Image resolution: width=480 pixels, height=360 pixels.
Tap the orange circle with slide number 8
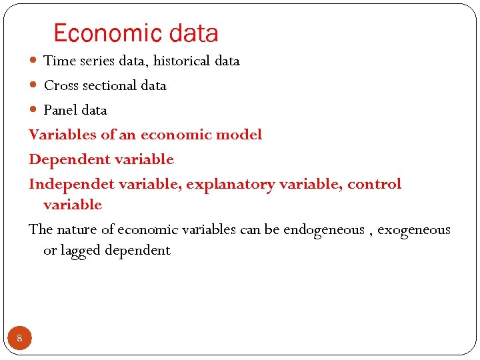pos(19,339)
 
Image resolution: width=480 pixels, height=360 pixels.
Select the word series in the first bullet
pos(98,61)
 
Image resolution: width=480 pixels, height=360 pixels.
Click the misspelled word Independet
pos(69,184)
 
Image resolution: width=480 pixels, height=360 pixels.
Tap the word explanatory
pos(230,184)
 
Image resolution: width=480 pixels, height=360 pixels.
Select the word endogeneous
pos(323,230)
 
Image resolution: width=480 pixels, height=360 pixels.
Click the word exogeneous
pos(414,230)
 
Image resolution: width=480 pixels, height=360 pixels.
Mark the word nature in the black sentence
pos(77,230)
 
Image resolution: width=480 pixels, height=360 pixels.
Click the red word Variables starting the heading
pos(62,135)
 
